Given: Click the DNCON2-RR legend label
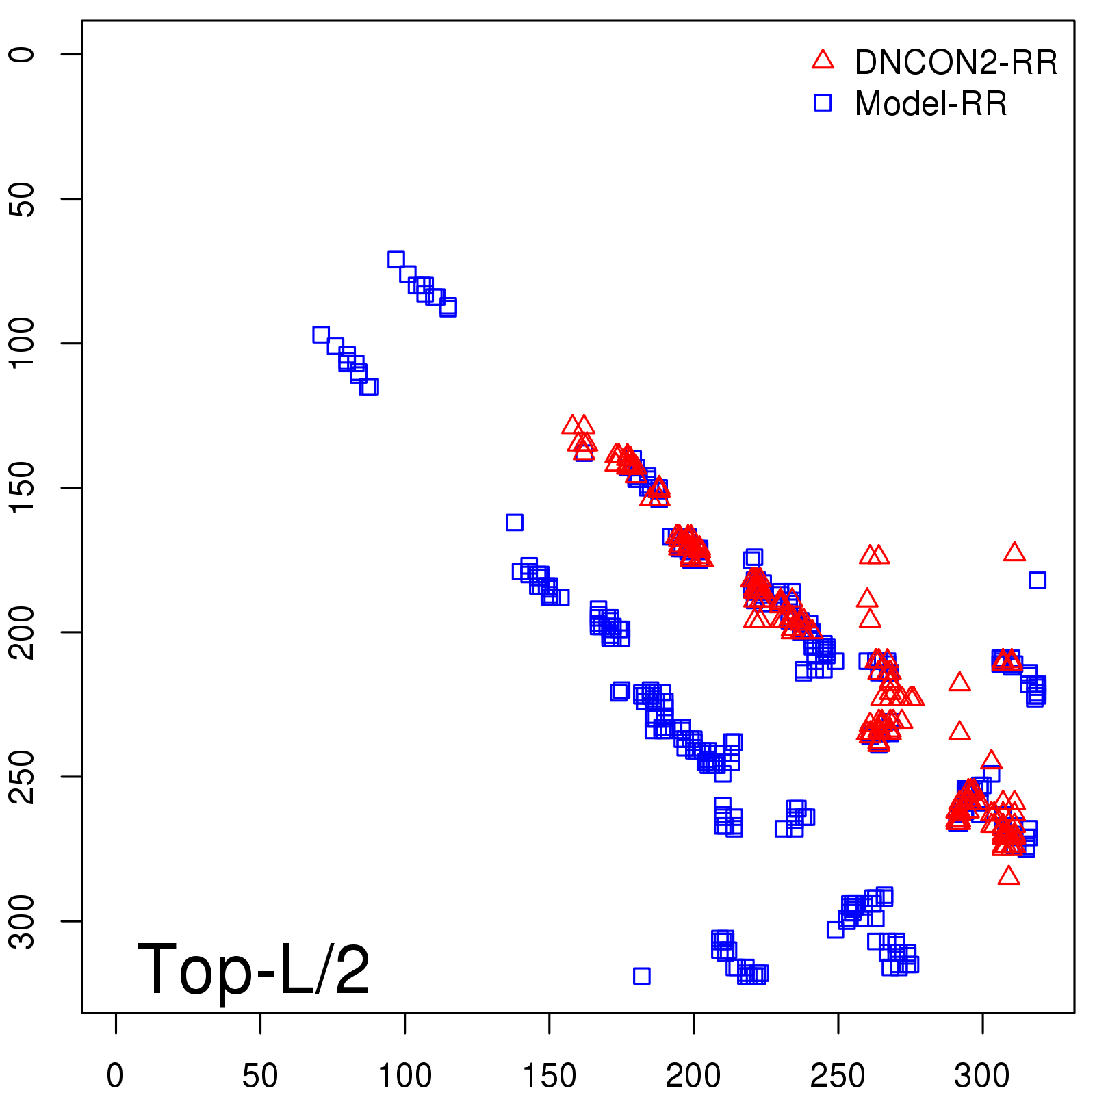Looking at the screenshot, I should pyautogui.click(x=955, y=62).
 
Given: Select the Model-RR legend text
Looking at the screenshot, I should pyautogui.click(x=931, y=104).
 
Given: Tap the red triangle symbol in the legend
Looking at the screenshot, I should pyautogui.click(x=823, y=60).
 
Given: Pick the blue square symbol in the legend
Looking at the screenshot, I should pyautogui.click(x=823, y=103).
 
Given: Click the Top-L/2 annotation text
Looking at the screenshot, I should pyautogui.click(x=253, y=969).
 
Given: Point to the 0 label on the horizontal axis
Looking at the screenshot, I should pyautogui.click(x=115, y=1076).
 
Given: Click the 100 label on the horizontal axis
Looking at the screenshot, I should pyautogui.click(x=404, y=1076).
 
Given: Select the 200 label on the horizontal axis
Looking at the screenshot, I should pyautogui.click(x=693, y=1076).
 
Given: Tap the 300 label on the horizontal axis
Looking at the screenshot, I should pyautogui.click(x=982, y=1076).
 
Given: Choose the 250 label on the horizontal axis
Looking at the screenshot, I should pyautogui.click(x=838, y=1076).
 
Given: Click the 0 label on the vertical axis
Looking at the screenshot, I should pyautogui.click(x=22, y=55).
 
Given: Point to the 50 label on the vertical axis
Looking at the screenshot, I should pyautogui.click(x=22, y=199).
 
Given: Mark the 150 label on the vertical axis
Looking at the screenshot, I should pyautogui.click(x=22, y=487).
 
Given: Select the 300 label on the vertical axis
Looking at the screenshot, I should pyautogui.click(x=22, y=921).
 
